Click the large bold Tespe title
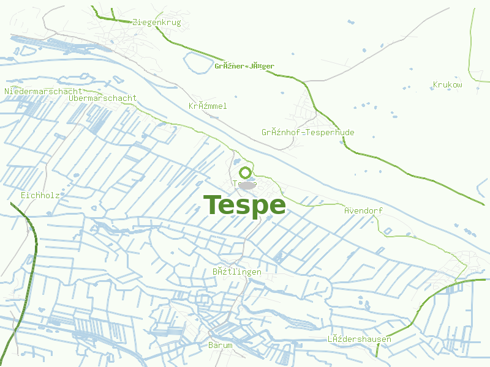pyautogui.click(x=244, y=205)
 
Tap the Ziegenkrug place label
pyautogui.click(x=156, y=23)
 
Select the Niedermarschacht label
pyautogui.click(x=43, y=91)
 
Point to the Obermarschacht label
pyautogui.click(x=103, y=98)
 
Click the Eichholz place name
pyautogui.click(x=40, y=195)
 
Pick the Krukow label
pyautogui.click(x=447, y=85)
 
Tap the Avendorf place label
pyautogui.click(x=363, y=210)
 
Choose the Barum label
pyautogui.click(x=221, y=346)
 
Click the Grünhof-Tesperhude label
pyautogui.click(x=307, y=132)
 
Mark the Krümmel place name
pyautogui.click(x=208, y=106)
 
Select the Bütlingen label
pyautogui.click(x=236, y=272)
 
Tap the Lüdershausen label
pyautogui.click(x=359, y=339)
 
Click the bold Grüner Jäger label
pyautogui.click(x=244, y=66)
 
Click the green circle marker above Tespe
pyautogui.click(x=245, y=173)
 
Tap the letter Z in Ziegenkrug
pyautogui.click(x=135, y=23)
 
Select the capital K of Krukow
pyautogui.click(x=435, y=85)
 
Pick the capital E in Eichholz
pyautogui.click(x=23, y=195)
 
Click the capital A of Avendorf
pyautogui.click(x=347, y=210)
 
